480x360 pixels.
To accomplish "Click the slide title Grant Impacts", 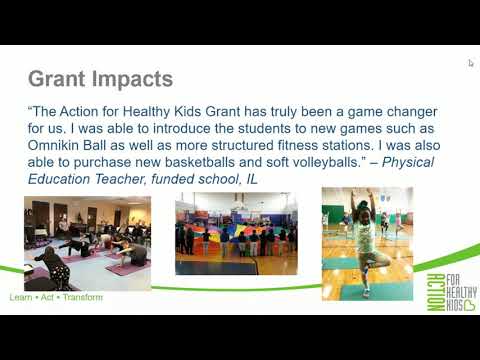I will [100, 78].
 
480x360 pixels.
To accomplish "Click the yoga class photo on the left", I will [87, 243].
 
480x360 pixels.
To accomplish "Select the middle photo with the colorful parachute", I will [236, 234].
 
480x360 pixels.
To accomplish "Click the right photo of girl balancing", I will [366, 243].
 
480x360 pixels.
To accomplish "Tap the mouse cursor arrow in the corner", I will [471, 63].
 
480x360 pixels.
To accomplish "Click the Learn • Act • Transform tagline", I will [55, 297].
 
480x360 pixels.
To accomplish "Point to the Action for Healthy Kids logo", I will [439, 291].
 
